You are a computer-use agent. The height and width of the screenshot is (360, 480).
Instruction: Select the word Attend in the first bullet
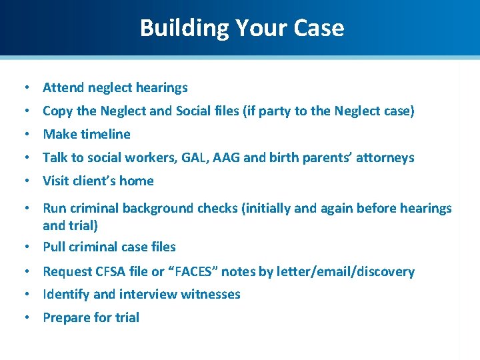pyautogui.click(x=63, y=87)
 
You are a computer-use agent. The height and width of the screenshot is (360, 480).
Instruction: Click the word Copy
pyautogui.click(x=57, y=111)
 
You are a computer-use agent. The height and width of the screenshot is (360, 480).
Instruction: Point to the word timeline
pyautogui.click(x=105, y=134)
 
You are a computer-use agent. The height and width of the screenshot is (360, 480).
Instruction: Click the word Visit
pyautogui.click(x=57, y=181)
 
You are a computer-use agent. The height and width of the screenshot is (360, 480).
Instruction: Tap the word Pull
pyautogui.click(x=54, y=247)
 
